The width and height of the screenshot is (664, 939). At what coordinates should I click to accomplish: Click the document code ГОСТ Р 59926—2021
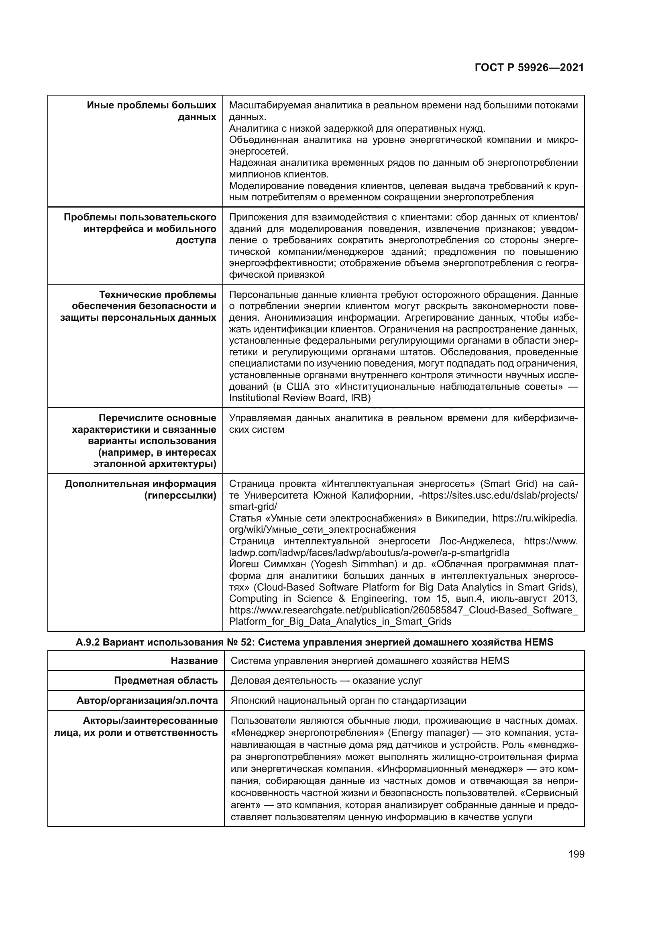click(529, 68)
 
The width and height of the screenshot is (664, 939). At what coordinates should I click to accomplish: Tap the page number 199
click(576, 854)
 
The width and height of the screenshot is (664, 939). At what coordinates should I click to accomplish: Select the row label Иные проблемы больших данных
click(151, 111)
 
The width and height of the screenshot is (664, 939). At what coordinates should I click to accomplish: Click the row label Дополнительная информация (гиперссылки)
click(140, 489)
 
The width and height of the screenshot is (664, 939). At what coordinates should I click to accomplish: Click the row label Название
click(194, 660)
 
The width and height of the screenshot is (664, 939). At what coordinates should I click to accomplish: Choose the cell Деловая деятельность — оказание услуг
click(326, 680)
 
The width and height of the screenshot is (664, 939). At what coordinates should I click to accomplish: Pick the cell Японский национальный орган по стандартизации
click(348, 700)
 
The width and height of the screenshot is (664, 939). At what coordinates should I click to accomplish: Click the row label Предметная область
click(165, 680)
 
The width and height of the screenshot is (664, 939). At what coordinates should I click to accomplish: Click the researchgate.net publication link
click(403, 610)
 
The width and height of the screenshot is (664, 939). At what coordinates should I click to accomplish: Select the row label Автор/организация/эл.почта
click(147, 700)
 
